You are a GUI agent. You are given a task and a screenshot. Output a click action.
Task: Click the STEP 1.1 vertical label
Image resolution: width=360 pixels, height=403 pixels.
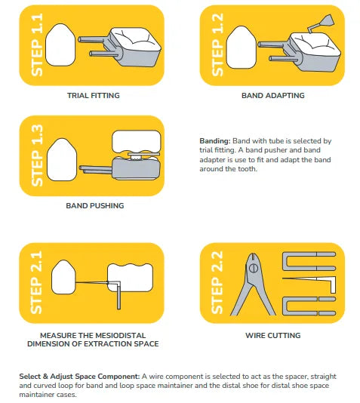pos(37,45)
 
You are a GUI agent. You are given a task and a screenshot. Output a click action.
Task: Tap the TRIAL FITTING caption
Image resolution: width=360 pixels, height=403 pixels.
pos(94,95)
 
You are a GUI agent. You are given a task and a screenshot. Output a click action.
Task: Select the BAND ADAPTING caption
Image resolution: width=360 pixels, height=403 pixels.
pos(273,95)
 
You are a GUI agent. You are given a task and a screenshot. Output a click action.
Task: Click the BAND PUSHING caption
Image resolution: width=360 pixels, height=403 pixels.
pos(95,205)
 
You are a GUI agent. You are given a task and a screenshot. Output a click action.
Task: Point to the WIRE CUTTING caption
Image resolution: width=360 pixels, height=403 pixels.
pos(273,335)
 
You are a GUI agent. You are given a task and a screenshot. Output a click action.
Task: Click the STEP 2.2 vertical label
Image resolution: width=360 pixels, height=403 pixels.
pos(217,282)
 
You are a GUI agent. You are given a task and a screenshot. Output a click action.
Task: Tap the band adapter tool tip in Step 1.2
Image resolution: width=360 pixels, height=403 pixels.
pos(328,20)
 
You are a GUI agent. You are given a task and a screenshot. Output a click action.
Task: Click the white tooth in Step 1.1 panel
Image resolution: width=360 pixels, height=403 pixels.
pos(60,45)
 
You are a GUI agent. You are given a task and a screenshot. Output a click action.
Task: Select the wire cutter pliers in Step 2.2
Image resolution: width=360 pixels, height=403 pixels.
pos(253,284)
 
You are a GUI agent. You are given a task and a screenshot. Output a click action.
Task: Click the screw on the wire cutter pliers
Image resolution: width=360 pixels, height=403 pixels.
pos(254,268)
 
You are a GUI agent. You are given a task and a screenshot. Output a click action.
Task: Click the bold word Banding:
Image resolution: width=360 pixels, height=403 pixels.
pos(215,141)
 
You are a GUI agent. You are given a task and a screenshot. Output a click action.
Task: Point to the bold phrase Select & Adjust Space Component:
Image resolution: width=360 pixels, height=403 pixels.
pos(79,377)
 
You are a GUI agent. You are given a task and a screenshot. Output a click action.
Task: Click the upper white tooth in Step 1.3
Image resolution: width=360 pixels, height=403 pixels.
pos(137,141)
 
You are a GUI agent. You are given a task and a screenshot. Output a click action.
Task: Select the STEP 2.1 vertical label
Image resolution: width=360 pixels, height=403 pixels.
pos(37,282)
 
